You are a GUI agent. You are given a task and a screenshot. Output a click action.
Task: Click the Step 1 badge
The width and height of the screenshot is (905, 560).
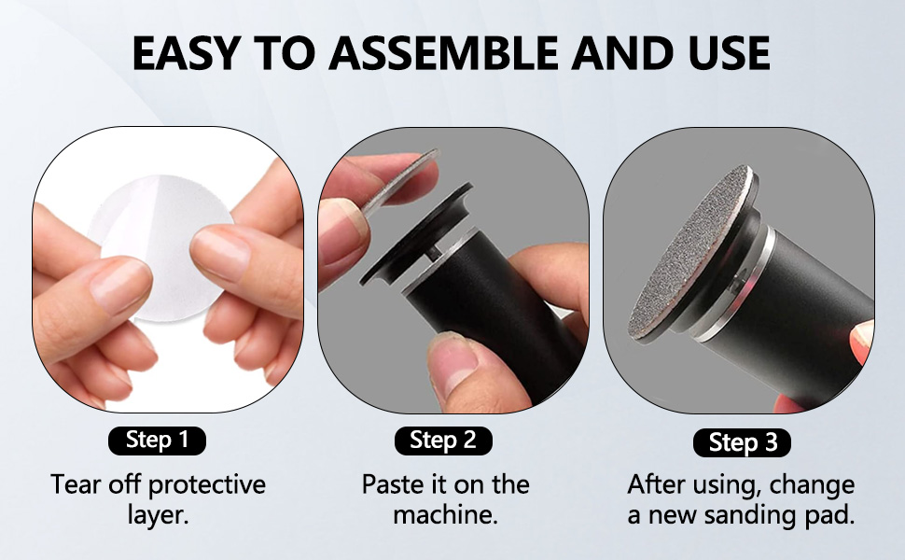(x=157, y=440)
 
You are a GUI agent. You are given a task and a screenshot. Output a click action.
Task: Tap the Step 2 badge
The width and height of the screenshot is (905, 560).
(x=444, y=440)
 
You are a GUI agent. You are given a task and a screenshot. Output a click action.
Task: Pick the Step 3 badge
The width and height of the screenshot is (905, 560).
(x=742, y=442)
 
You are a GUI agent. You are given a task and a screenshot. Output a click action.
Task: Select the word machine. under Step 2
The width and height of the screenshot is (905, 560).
(x=444, y=515)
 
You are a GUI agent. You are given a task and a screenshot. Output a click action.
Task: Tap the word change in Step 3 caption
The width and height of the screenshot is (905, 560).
(x=813, y=485)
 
